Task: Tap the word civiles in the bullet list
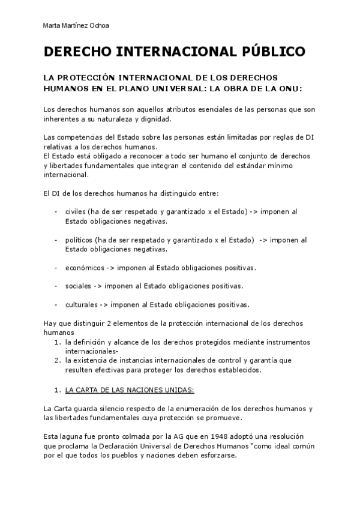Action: pyautogui.click(x=76, y=211)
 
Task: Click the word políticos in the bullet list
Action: pyautogui.click(x=79, y=239)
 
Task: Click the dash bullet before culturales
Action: pyautogui.click(x=56, y=304)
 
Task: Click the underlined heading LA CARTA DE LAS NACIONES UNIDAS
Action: pyautogui.click(x=121, y=390)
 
